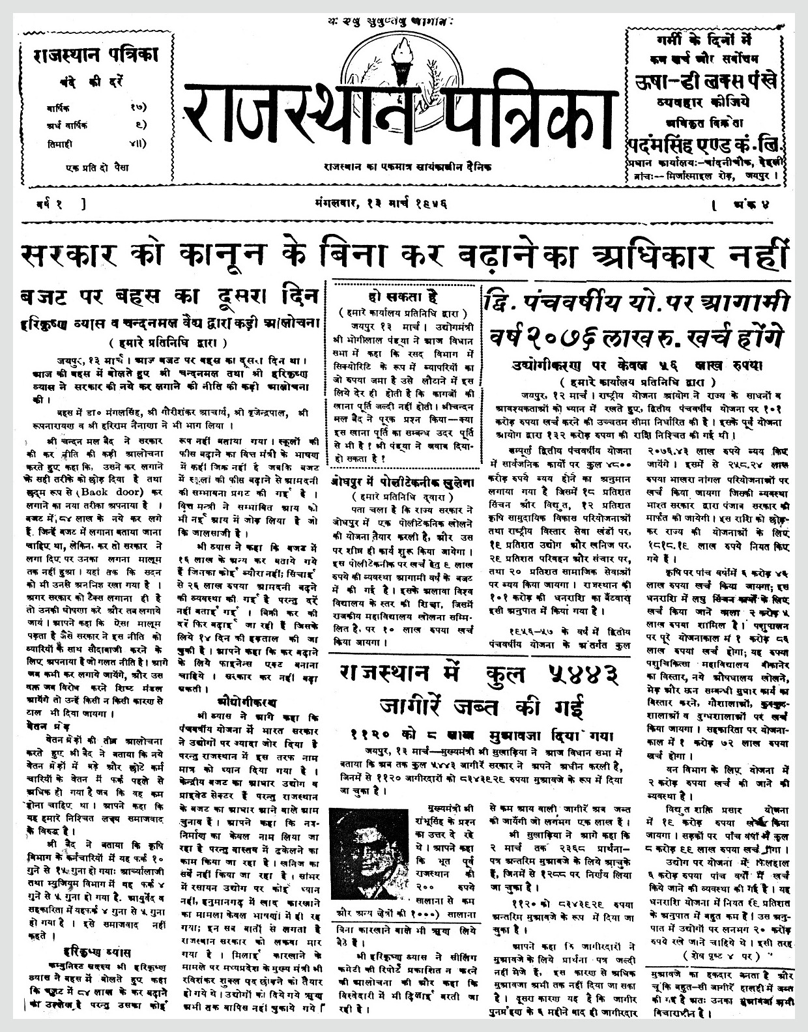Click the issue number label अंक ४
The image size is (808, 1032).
(757, 204)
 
